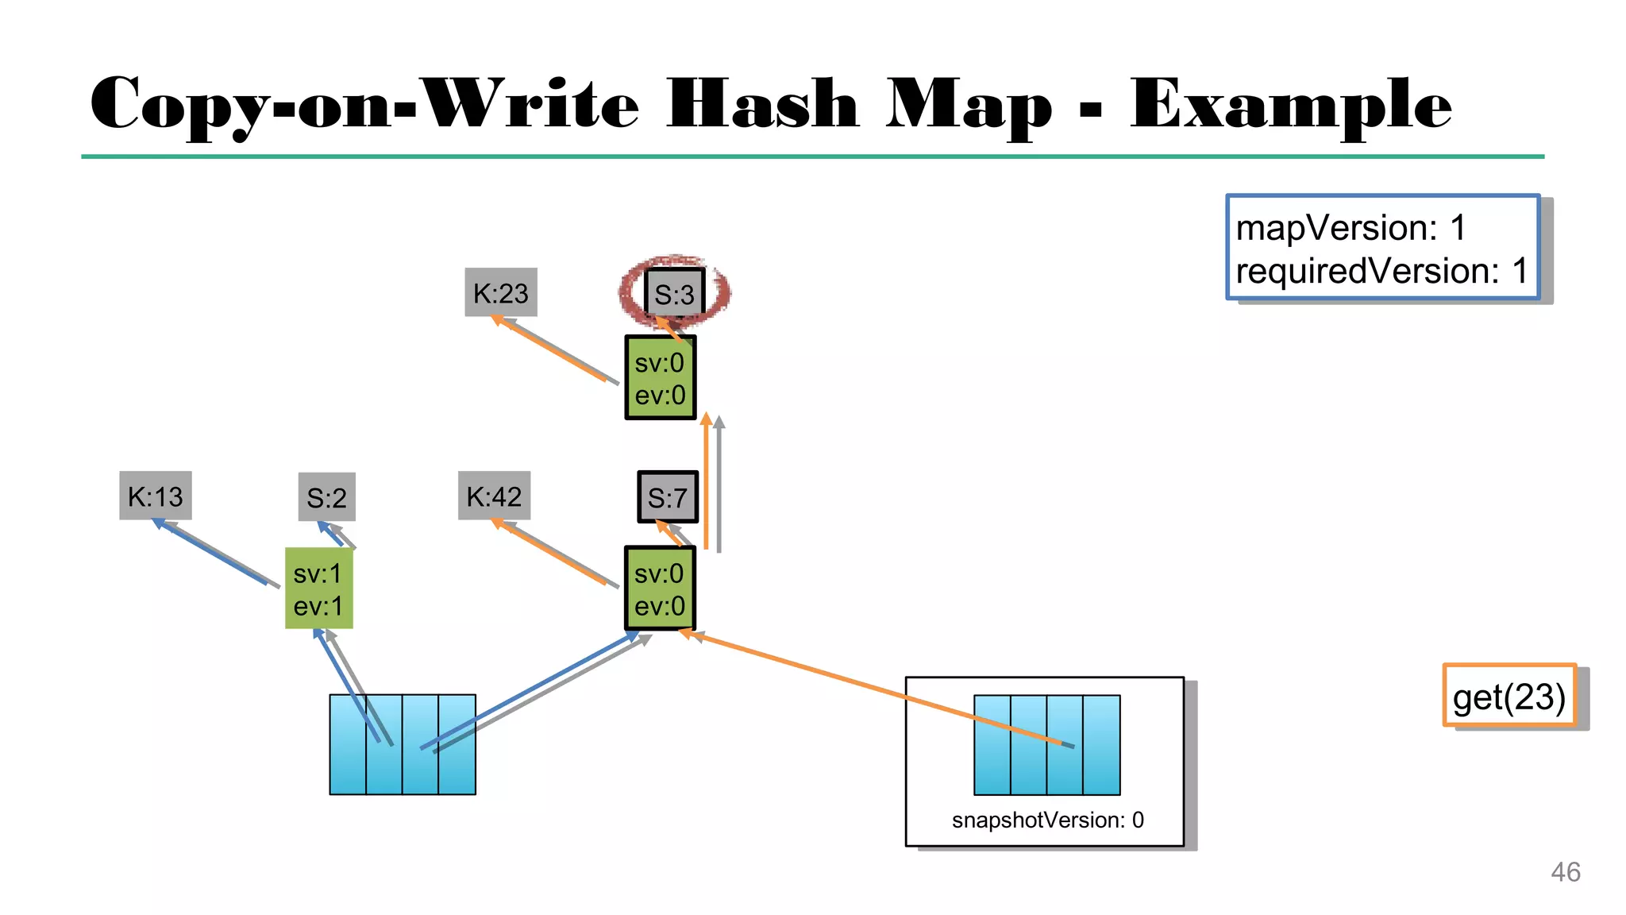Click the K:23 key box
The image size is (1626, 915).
click(500, 292)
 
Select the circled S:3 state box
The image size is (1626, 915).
click(674, 294)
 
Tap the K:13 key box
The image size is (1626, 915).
click(156, 496)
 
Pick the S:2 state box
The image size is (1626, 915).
click(326, 497)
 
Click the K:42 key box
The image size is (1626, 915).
click(494, 496)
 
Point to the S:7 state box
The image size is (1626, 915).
click(667, 497)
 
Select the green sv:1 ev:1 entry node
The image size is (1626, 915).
click(318, 589)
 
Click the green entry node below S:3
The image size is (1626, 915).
click(660, 378)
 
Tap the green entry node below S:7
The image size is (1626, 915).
click(660, 589)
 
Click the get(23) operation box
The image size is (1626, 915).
click(1508, 696)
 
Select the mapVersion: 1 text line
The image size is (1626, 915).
click(1351, 228)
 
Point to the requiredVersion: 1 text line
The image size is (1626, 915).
click(1381, 271)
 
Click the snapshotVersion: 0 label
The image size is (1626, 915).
click(1047, 820)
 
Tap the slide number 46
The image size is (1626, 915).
click(1565, 871)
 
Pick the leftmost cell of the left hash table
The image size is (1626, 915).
click(348, 744)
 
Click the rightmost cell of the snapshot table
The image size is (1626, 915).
click(1102, 744)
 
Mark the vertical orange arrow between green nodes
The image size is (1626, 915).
click(706, 481)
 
